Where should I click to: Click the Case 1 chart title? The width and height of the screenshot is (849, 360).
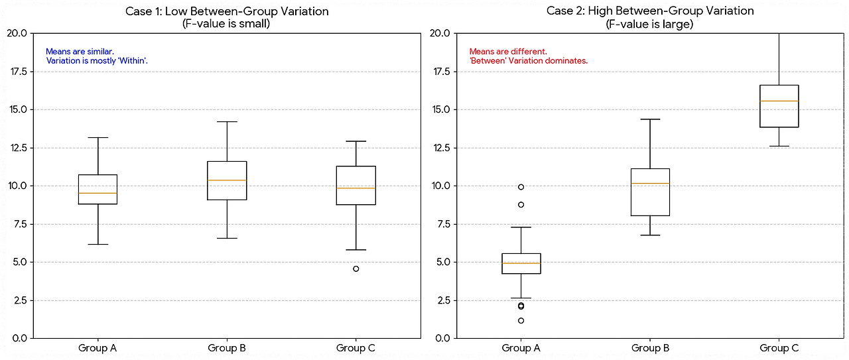[x=227, y=12]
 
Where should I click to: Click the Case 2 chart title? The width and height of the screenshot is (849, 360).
[x=650, y=12]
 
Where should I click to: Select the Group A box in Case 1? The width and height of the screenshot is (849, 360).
[x=98, y=189]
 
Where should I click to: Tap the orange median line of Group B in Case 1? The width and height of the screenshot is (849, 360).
[x=227, y=180]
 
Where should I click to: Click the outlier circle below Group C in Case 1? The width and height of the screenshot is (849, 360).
[x=356, y=269]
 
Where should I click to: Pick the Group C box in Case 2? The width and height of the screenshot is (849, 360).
[x=779, y=106]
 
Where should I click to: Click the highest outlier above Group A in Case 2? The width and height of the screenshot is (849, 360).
[x=521, y=187]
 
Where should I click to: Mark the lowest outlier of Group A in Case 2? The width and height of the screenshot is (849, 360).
[x=521, y=320]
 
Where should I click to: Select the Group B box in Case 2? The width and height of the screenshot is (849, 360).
[x=650, y=192]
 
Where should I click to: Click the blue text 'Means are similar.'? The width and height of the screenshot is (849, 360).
[x=80, y=51]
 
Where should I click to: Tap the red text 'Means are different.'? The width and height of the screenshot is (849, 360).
[x=508, y=51]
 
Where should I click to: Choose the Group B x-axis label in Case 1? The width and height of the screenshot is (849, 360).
[x=227, y=348]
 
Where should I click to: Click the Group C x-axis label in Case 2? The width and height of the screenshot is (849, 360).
[x=779, y=348]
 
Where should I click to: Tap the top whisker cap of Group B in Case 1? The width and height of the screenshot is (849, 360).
[x=227, y=122]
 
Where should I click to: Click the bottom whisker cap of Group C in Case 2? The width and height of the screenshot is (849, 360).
[x=779, y=146]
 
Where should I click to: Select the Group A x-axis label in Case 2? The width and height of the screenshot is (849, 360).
[x=521, y=348]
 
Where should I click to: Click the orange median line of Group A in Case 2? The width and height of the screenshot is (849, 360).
[x=521, y=263]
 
